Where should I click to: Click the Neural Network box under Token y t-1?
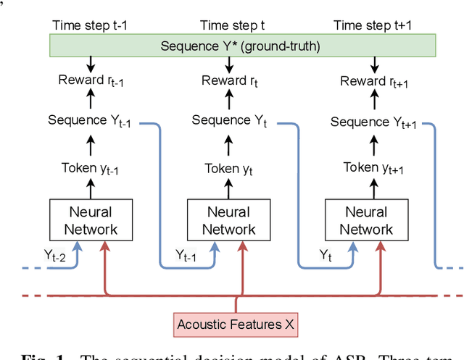coord(91,221)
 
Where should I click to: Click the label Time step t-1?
coord(88,25)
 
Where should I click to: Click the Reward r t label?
coord(228,81)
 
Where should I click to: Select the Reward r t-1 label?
coord(91,81)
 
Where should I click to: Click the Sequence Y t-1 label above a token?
coord(91,120)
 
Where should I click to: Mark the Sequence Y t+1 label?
coord(373,122)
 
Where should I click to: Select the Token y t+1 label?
coord(371,169)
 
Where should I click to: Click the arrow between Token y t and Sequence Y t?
coord(228,145)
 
